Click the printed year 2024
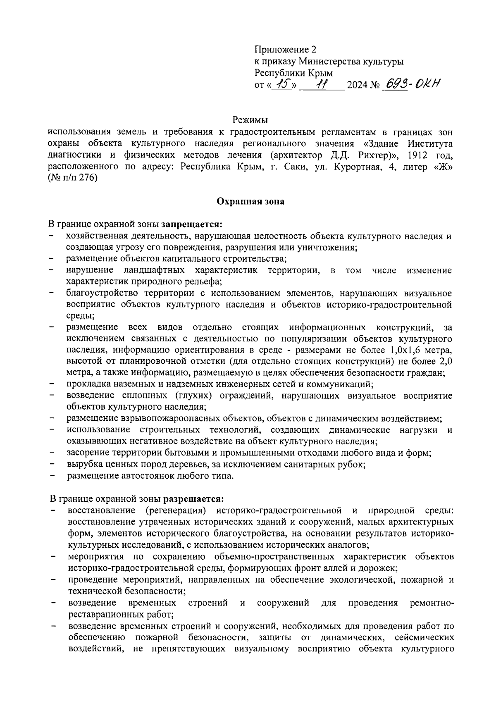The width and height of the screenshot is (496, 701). tap(358, 86)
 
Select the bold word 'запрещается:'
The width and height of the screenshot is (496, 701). tap(192, 224)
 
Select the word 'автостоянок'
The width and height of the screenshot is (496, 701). tap(147, 476)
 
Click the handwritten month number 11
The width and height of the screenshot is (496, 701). tap(321, 85)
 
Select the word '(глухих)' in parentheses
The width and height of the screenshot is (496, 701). tap(196, 396)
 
